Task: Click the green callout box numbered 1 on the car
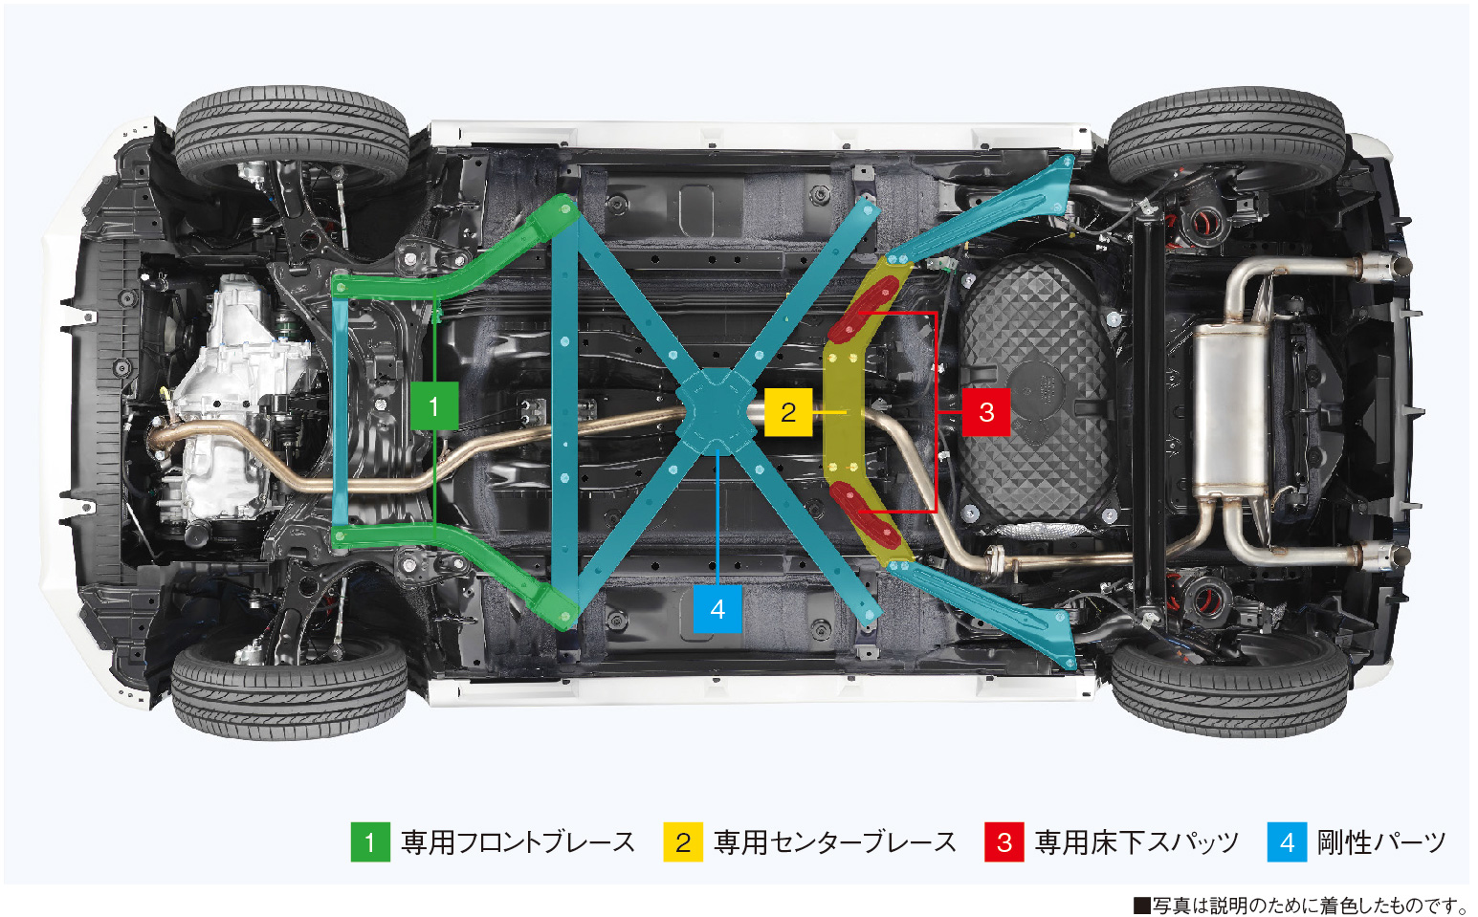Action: (433, 406)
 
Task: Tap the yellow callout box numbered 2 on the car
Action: (788, 412)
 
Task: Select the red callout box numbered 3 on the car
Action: (986, 412)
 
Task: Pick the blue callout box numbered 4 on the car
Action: (717, 609)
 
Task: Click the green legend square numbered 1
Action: (370, 842)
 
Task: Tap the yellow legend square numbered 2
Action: (683, 842)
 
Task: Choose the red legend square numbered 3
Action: (1004, 842)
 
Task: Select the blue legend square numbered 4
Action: (1287, 842)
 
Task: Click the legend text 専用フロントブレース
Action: (518, 842)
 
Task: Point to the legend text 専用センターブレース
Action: (835, 842)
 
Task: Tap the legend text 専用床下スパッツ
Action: (1136, 842)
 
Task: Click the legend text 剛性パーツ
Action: (1381, 842)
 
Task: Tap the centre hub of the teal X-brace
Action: (714, 411)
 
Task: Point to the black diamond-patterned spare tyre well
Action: (1038, 392)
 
